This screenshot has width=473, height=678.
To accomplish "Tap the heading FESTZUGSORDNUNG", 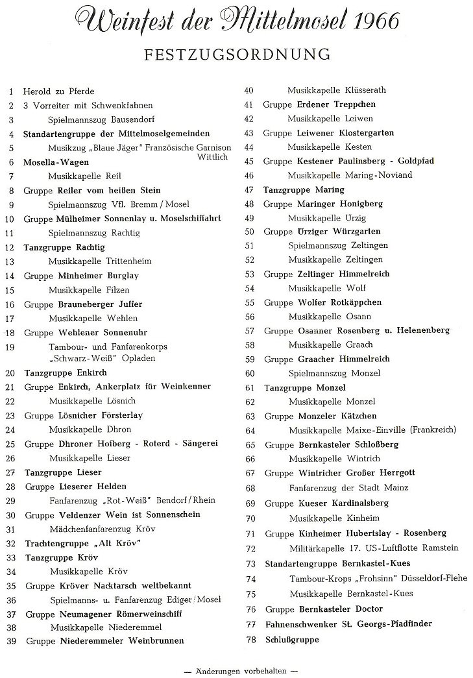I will point(238,53).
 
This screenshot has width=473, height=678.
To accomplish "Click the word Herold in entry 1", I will point(37,91).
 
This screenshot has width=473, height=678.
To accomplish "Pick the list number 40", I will point(248,90).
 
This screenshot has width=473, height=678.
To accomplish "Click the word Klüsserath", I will point(366,90).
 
